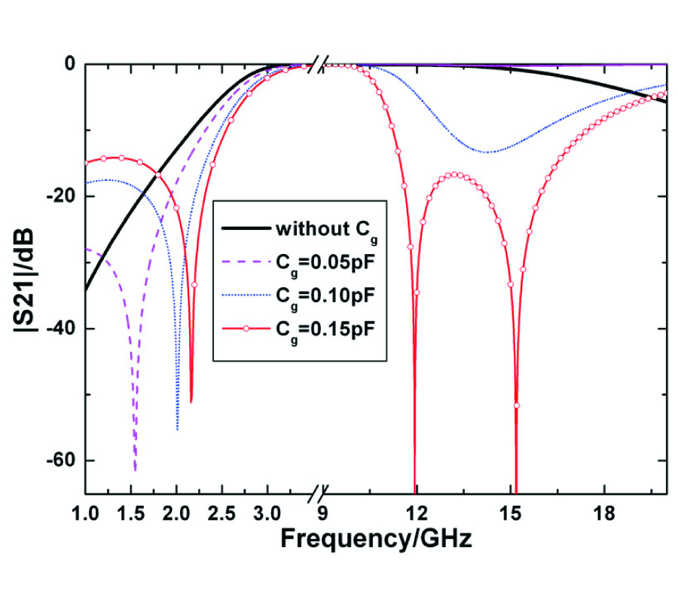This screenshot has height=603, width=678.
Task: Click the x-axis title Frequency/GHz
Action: tap(377, 540)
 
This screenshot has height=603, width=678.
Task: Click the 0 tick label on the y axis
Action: tap(69, 65)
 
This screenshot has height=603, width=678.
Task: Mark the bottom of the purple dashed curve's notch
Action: tap(135, 470)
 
